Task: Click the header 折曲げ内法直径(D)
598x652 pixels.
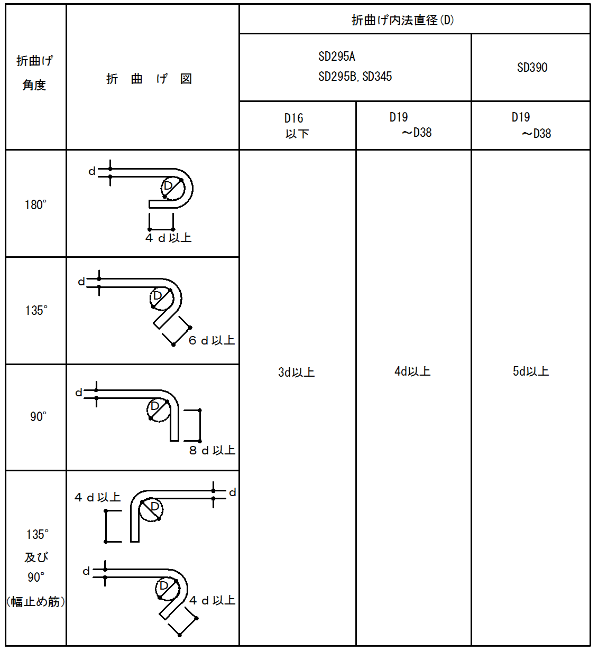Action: point(403,20)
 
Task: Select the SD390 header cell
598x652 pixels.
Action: point(532,67)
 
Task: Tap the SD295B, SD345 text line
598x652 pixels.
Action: point(355,77)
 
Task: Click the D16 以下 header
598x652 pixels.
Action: point(297,125)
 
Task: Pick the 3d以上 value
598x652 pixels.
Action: point(297,372)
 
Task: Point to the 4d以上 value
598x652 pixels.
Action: point(412,371)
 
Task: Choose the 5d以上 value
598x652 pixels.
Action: point(531,371)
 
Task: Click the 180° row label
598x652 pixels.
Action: point(36,205)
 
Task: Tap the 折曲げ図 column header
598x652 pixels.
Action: point(149,79)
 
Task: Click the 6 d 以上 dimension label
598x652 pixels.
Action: point(211,340)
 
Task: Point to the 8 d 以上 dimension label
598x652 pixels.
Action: point(212,450)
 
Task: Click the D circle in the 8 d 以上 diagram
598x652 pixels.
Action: point(159,411)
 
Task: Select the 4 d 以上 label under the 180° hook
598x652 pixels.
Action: point(168,238)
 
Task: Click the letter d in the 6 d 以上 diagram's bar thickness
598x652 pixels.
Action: point(81,282)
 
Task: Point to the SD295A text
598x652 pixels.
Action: point(337,57)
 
